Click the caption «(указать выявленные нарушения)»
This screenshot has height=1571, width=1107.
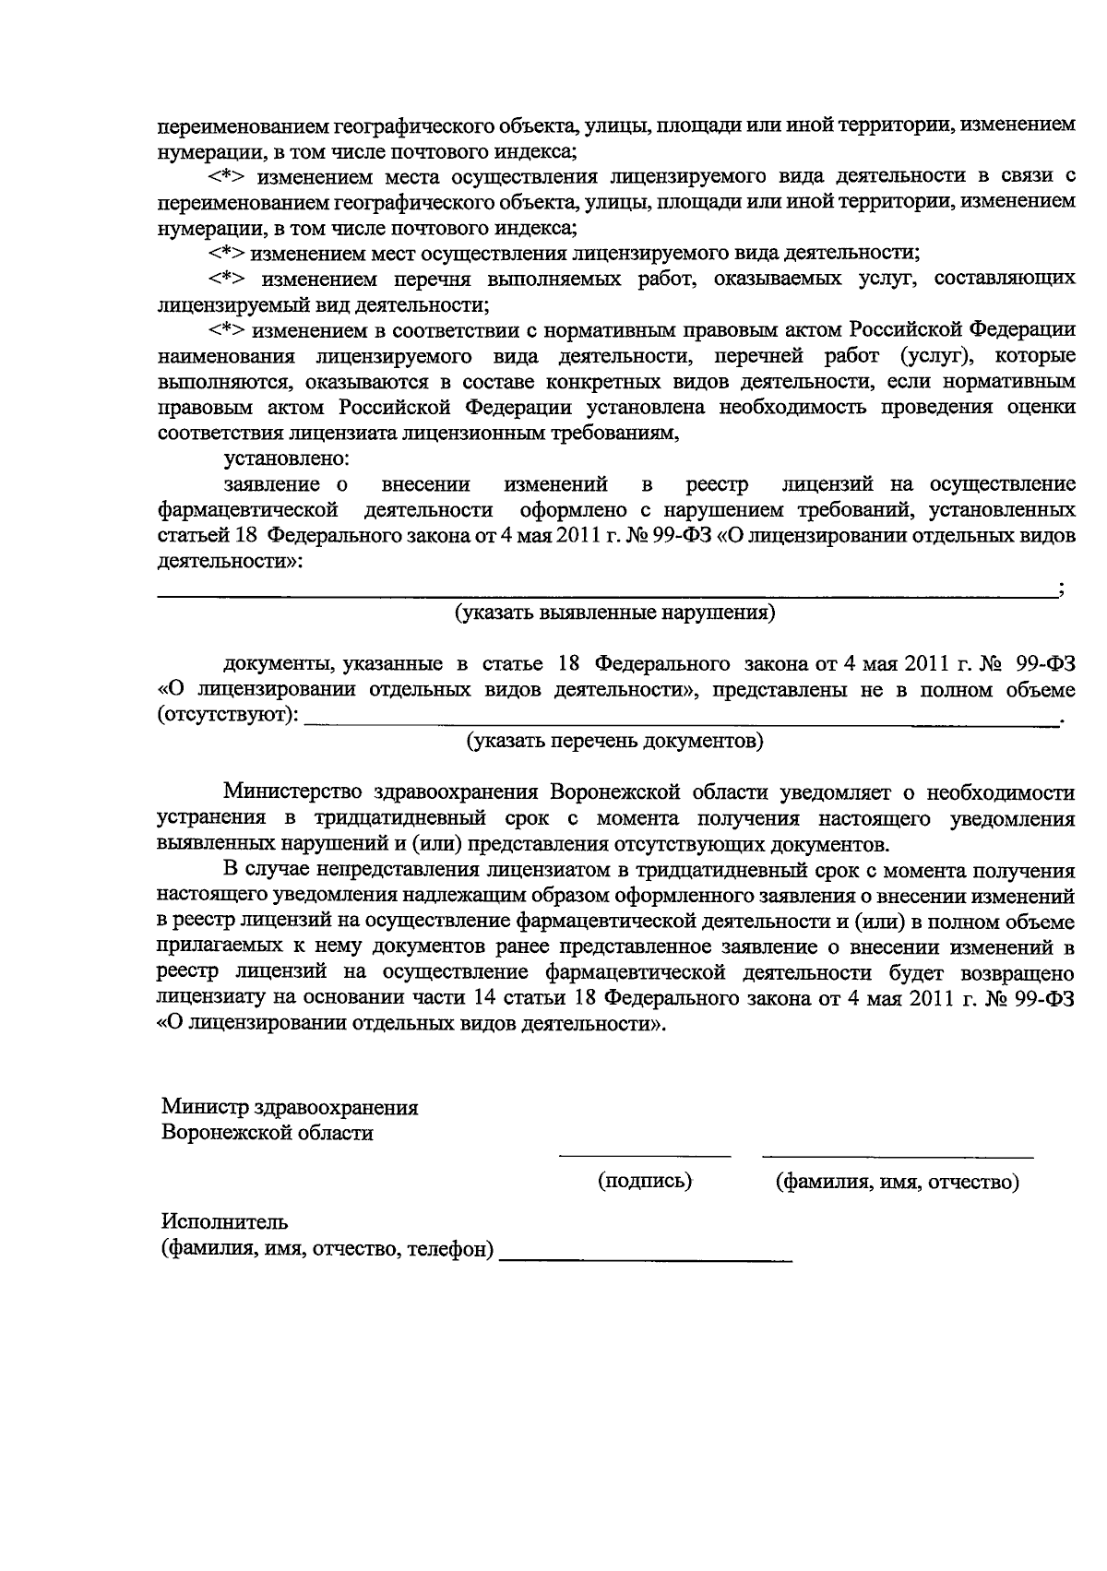click(x=614, y=613)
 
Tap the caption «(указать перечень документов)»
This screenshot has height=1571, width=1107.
click(x=614, y=742)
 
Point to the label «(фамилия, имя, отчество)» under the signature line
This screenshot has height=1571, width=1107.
click(x=897, y=1182)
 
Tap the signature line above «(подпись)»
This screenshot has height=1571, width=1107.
click(x=645, y=1154)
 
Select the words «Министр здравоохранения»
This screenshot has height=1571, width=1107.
click(x=290, y=1107)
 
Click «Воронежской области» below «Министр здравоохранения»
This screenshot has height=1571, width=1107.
click(x=268, y=1134)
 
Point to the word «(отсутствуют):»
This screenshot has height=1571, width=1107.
click(x=228, y=716)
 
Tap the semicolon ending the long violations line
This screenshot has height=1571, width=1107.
click(x=1063, y=591)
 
